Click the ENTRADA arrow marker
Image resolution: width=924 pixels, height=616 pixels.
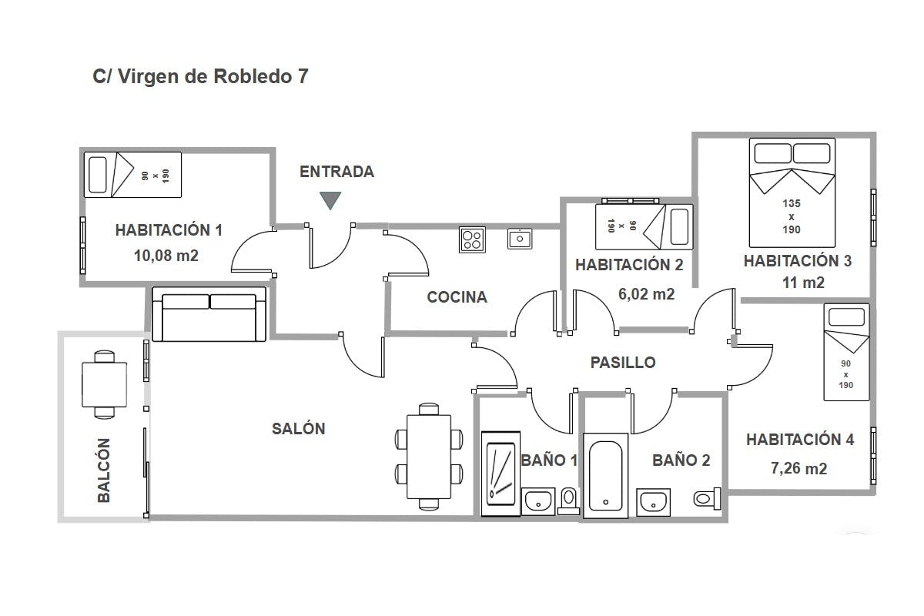[330, 200]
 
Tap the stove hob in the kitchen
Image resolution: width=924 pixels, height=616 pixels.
[472, 239]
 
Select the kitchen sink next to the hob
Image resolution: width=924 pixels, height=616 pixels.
[519, 239]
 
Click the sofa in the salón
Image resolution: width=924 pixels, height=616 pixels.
[209, 314]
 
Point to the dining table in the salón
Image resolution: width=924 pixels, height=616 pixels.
[429, 457]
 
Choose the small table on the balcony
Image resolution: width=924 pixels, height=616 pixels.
[105, 384]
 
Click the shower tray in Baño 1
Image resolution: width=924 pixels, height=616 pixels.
[500, 474]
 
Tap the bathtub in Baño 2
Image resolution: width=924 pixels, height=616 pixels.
[605, 476]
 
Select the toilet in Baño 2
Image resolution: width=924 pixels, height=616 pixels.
[707, 499]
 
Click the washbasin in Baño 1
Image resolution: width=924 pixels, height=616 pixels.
[538, 501]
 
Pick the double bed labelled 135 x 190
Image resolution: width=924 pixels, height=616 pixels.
[792, 192]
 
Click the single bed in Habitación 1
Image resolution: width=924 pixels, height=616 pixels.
[132, 175]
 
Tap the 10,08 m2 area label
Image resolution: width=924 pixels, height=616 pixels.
[166, 256]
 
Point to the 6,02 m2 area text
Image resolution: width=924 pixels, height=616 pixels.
[646, 294]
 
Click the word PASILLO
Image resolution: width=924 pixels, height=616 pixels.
[623, 363]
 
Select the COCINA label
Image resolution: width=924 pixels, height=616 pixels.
[457, 297]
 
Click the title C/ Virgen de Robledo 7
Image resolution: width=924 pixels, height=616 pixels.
[200, 76]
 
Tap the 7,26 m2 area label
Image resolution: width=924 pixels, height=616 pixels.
[799, 468]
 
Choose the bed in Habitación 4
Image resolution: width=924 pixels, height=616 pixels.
[846, 353]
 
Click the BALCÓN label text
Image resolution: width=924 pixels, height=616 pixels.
[104, 470]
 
